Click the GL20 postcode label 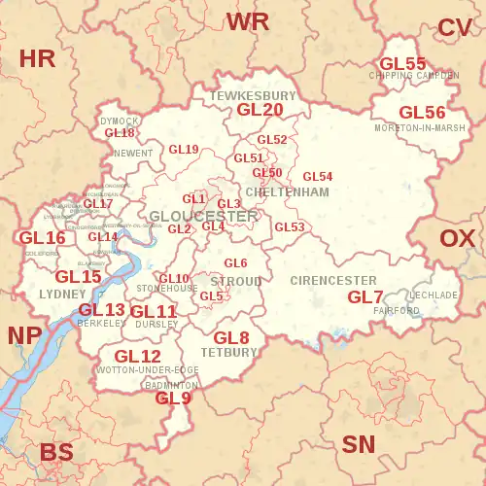click(260, 111)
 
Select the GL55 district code click(402, 64)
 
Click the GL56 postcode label click(423, 113)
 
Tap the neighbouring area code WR click(248, 21)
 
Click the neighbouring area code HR click(38, 58)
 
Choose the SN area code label click(359, 445)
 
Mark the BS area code click(56, 452)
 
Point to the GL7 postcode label click(365, 296)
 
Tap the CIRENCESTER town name click(333, 281)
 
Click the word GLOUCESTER click(204, 216)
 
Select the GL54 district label click(318, 177)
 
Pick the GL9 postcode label click(174, 398)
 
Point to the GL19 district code click(184, 150)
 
